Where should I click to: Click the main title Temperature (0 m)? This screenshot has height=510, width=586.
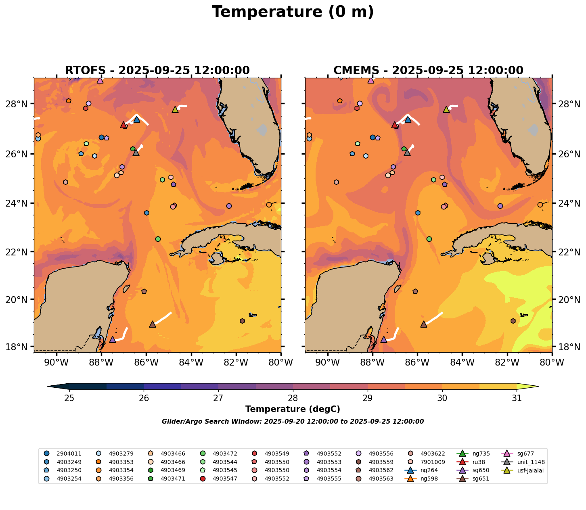click(293, 12)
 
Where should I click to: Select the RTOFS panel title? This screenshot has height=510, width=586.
click(157, 71)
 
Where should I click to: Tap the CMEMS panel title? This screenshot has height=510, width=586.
click(428, 71)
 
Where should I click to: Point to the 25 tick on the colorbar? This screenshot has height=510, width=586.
click(69, 398)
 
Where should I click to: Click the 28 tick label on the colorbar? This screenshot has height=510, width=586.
click(293, 398)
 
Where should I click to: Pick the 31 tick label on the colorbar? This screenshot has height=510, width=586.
click(517, 398)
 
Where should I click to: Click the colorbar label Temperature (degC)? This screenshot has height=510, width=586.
click(293, 409)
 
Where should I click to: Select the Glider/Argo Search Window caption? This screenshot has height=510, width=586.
click(293, 422)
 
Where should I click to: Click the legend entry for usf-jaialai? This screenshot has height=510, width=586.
click(527, 470)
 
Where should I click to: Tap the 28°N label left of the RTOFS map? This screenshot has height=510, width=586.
click(19, 104)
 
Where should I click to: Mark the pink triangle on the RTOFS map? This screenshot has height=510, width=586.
click(100, 80)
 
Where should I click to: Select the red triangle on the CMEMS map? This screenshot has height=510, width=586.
click(395, 125)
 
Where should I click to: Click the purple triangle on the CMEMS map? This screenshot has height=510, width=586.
click(384, 339)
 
